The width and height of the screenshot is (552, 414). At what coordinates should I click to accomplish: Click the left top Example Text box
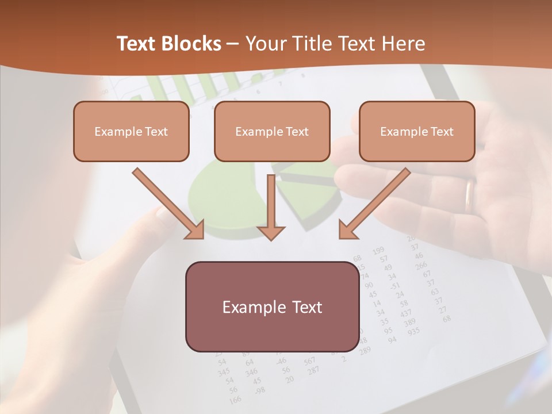[x=131, y=132]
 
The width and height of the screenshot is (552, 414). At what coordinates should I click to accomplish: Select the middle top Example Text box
[x=272, y=132]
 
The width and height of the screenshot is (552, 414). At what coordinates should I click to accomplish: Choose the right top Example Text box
[x=417, y=132]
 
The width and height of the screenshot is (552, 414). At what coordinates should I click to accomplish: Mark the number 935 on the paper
[x=413, y=331]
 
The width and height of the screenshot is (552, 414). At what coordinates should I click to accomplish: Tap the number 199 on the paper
[x=378, y=251]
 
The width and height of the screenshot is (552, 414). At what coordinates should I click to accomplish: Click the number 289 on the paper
[x=365, y=350]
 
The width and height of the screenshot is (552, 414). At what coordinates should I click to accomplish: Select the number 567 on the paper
[x=310, y=361]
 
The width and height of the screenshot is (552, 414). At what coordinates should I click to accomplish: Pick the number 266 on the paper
[x=421, y=265]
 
